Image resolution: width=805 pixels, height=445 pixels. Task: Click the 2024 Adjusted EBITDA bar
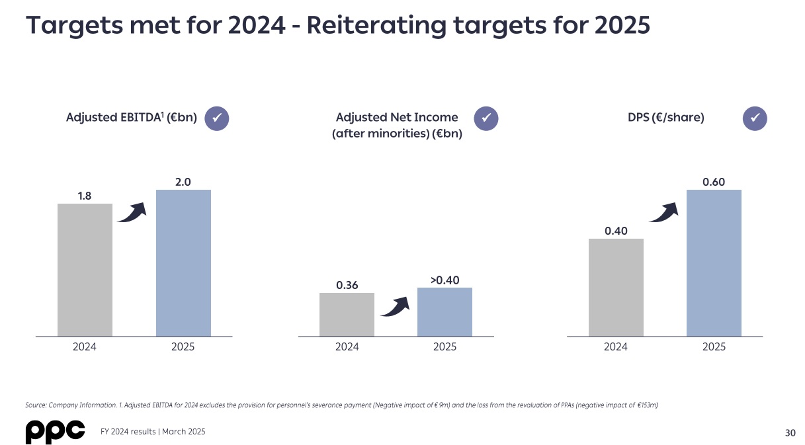(85, 270)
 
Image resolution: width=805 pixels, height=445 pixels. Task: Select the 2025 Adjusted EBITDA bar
(183, 263)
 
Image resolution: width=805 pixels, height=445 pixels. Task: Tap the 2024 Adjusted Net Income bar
(347, 315)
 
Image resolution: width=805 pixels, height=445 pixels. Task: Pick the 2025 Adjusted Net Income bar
(445, 312)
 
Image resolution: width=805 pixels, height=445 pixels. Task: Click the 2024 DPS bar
(616, 288)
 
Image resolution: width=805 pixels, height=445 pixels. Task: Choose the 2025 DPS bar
(714, 263)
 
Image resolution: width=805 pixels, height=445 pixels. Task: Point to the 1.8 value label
(85, 196)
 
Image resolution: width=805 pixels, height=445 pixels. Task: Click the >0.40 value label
(445, 280)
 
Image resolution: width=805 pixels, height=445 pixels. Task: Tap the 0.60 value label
(714, 182)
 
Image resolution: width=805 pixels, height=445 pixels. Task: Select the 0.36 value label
(347, 285)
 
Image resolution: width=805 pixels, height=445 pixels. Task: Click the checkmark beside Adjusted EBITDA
(217, 118)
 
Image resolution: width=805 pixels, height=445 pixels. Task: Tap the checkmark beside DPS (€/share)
(755, 118)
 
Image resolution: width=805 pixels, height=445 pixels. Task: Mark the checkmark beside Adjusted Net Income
(486, 118)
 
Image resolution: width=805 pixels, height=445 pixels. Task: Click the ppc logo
(55, 432)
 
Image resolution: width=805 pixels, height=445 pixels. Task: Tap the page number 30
(790, 433)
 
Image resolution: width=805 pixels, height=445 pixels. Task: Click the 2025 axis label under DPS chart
(714, 347)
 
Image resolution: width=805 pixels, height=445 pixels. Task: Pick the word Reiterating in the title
(376, 26)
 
